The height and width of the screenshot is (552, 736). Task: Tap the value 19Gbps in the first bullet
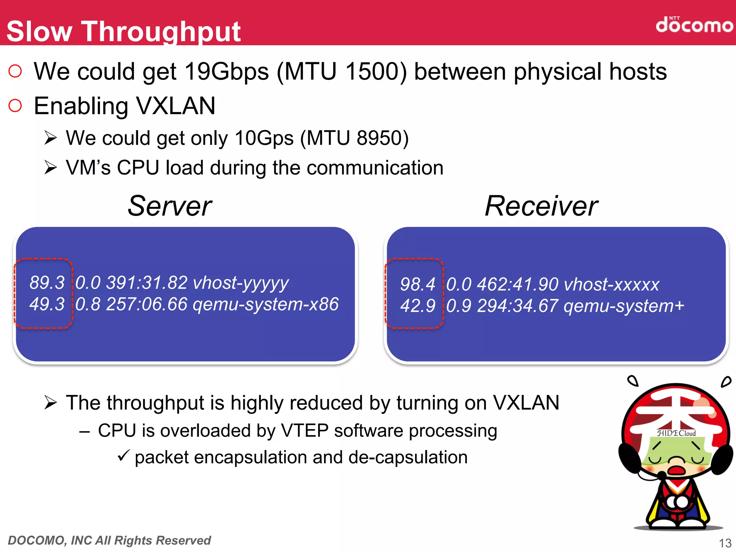(226, 72)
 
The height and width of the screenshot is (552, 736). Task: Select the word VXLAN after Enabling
(176, 106)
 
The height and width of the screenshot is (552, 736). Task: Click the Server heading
(170, 206)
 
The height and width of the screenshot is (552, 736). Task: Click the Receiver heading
(541, 206)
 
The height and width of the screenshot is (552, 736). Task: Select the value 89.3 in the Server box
(47, 283)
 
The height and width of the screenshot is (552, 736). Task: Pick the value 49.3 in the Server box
(47, 304)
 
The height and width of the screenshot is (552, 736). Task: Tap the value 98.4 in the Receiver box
(418, 284)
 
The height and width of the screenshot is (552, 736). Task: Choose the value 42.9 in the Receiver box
(418, 306)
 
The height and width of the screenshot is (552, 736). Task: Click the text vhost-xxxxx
(612, 285)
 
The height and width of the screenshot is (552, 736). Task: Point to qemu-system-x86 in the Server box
(266, 304)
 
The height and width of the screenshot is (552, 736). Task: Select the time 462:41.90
(517, 285)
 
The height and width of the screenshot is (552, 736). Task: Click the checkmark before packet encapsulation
(123, 456)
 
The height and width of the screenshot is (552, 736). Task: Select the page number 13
(725, 543)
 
